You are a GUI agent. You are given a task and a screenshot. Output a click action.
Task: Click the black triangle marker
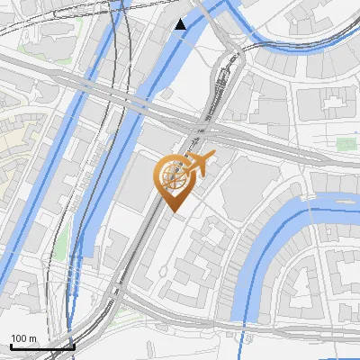(x=180, y=24)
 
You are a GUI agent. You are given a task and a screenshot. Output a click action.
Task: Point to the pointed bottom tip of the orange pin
(x=174, y=211)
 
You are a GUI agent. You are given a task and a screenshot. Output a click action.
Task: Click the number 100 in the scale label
(x=19, y=338)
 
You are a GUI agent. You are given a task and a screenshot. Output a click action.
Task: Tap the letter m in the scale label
(x=32, y=338)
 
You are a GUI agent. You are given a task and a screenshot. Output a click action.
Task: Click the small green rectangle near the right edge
(x=345, y=144)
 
